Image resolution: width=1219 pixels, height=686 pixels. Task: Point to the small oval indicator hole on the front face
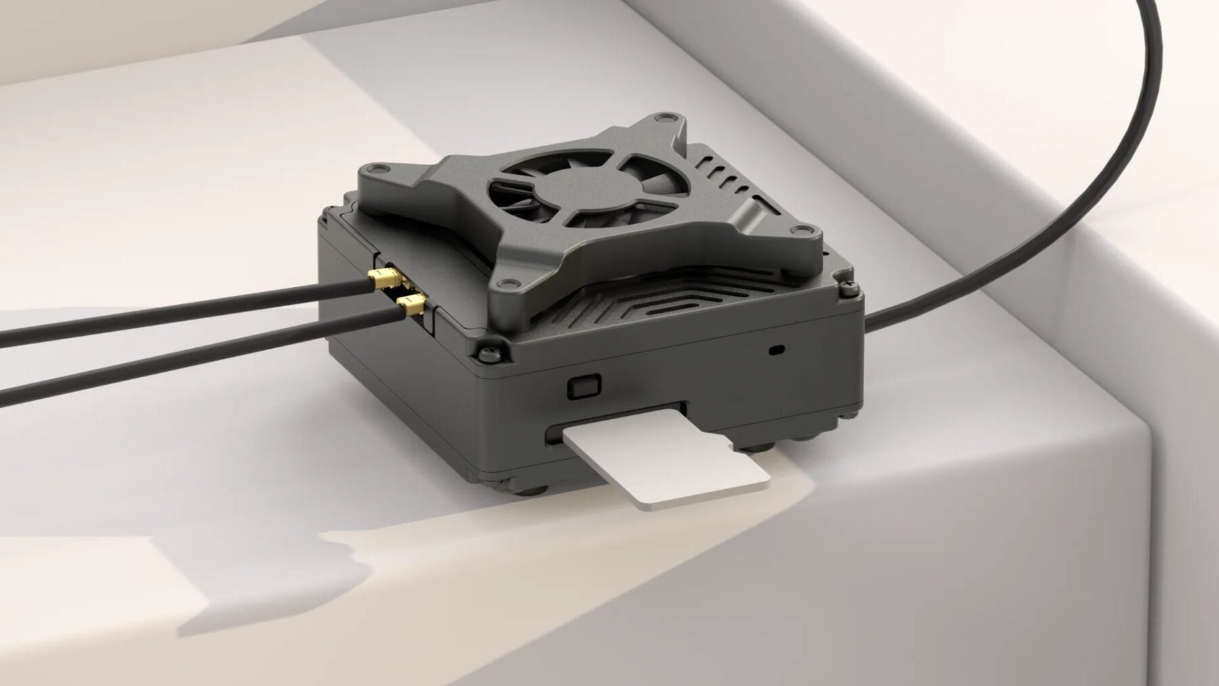tap(776, 350)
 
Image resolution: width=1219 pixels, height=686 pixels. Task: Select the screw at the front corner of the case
tap(490, 351)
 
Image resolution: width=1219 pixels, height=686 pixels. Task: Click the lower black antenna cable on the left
tap(203, 358)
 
